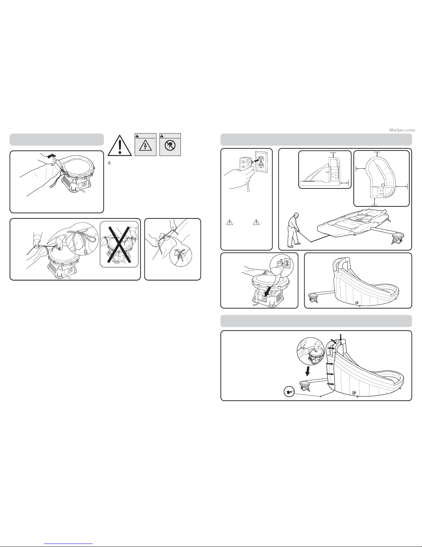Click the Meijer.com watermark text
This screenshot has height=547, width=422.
[402, 130]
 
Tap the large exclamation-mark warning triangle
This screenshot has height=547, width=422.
[120, 146]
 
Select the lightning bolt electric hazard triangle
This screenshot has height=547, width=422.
[145, 146]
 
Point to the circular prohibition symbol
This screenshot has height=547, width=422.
[170, 146]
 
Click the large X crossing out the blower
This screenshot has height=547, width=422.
[119, 244]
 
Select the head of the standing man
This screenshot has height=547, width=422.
[297, 216]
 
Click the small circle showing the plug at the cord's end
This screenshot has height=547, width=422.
[289, 392]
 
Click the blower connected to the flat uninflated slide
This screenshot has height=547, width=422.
[398, 238]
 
